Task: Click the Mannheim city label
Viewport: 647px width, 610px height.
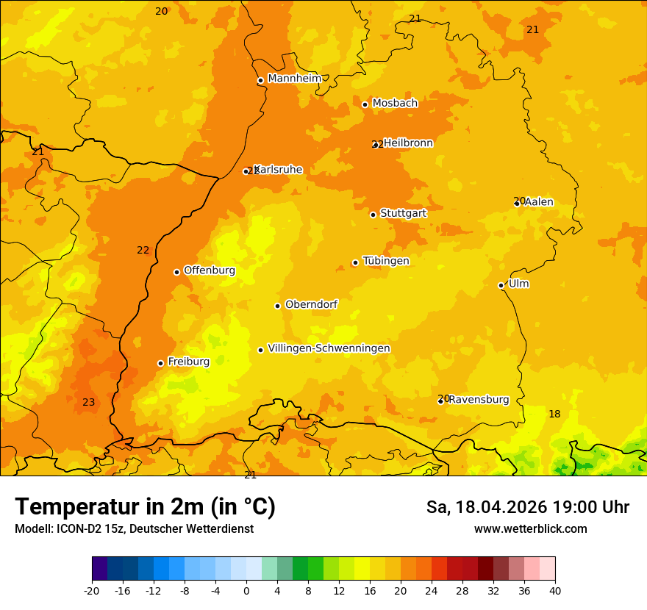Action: coord(294,79)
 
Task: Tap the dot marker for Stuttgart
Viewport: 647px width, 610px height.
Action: coord(373,215)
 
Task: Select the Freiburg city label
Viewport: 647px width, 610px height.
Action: coord(188,362)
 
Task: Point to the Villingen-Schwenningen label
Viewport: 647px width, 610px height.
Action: coord(329,348)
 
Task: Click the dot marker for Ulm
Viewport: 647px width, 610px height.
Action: coord(501,285)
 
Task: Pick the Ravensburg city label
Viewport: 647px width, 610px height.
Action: coord(479,400)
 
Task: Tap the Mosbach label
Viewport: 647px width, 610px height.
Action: coord(395,104)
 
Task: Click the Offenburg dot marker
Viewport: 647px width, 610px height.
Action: coord(177,272)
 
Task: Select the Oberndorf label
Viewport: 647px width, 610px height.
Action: coord(311,304)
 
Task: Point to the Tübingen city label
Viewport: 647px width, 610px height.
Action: coord(386,261)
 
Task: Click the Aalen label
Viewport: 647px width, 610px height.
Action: coord(539,202)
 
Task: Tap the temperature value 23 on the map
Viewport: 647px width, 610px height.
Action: coord(89,402)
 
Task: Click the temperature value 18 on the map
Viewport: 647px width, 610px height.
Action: coord(554,415)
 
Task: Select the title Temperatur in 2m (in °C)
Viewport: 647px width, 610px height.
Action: coord(146,506)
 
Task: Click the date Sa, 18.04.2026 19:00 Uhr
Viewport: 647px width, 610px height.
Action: coord(527,507)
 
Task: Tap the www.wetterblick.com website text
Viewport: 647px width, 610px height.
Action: coord(530,529)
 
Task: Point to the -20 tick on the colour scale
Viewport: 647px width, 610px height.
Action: coord(92,590)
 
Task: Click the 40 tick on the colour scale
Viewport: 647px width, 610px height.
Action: coord(555,590)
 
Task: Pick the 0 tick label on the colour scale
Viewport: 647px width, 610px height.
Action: coord(246,590)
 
